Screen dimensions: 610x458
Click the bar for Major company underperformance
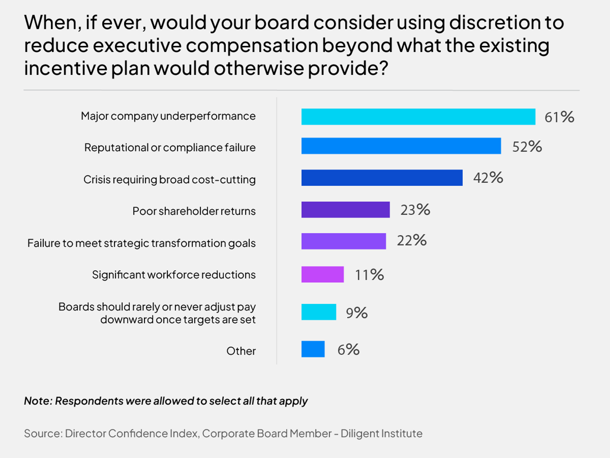point(418,117)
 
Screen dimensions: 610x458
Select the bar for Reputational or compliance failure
point(401,146)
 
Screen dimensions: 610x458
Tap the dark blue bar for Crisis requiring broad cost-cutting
point(382,178)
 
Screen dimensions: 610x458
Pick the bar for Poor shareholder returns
point(346,210)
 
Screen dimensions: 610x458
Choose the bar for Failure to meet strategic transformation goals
point(344,241)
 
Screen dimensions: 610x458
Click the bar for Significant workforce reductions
point(323,274)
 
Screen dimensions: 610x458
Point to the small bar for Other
point(313,349)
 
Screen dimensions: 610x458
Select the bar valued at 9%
point(319,312)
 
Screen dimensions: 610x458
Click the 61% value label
point(559,117)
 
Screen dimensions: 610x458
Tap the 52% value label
point(527,147)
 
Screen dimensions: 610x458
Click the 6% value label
point(349,350)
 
